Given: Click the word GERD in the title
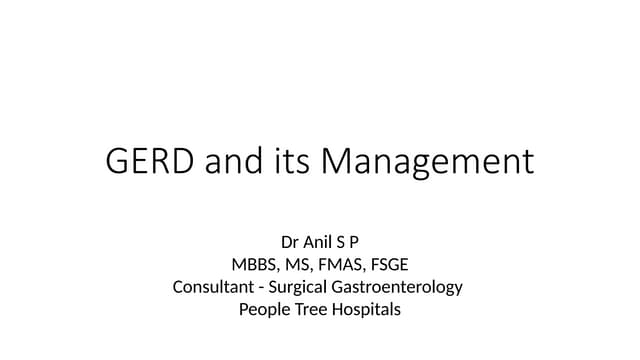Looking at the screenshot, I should click(149, 161).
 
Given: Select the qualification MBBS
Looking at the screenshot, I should click(253, 264).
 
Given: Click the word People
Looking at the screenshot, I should click(263, 310).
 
